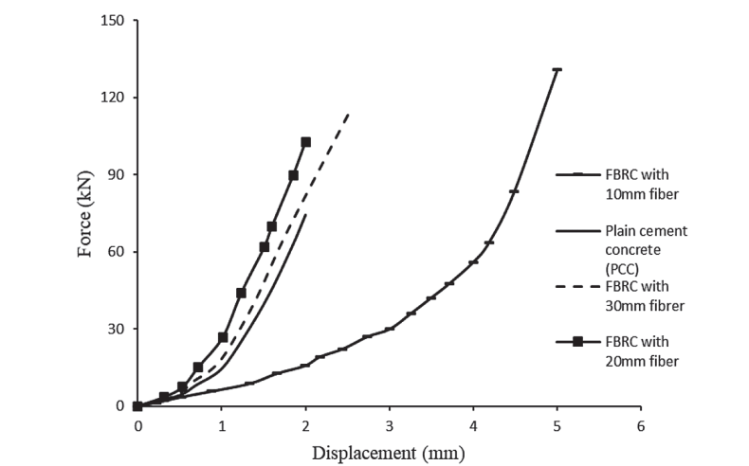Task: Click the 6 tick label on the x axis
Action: click(641, 424)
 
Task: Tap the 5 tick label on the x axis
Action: click(557, 424)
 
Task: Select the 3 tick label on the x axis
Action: click(389, 424)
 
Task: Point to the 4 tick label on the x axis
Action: click(473, 424)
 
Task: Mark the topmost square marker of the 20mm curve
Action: click(305, 142)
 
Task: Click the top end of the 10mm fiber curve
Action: click(557, 69)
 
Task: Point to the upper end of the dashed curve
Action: click(349, 113)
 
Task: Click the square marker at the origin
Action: click(137, 406)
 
